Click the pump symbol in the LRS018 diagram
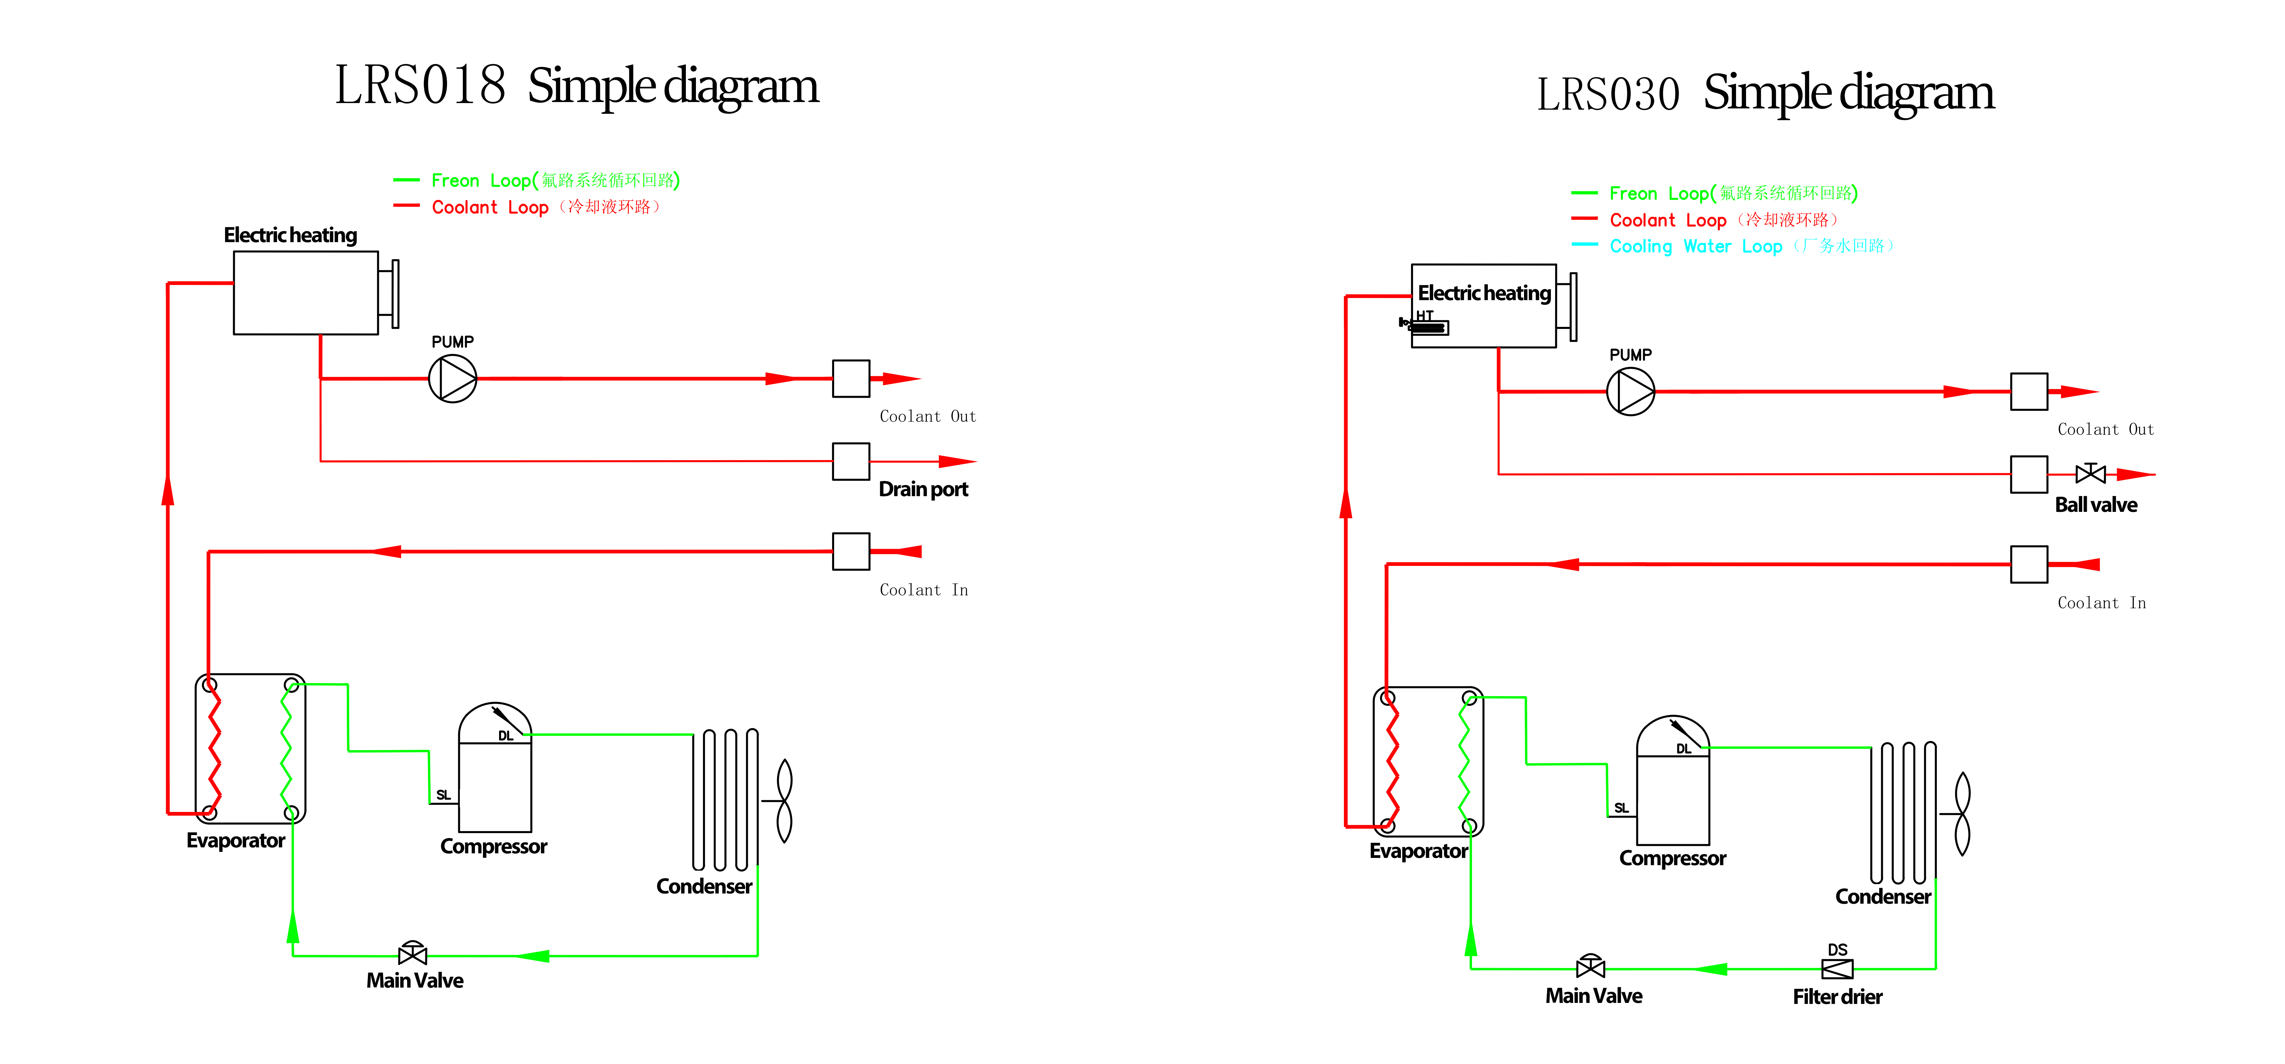452,379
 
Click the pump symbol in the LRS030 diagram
1630,391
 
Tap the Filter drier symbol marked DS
1837,968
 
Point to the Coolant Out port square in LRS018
851,379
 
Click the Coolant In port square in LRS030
2029,565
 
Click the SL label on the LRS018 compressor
443,795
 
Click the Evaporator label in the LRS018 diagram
235,840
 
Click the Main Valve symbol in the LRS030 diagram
1590,967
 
